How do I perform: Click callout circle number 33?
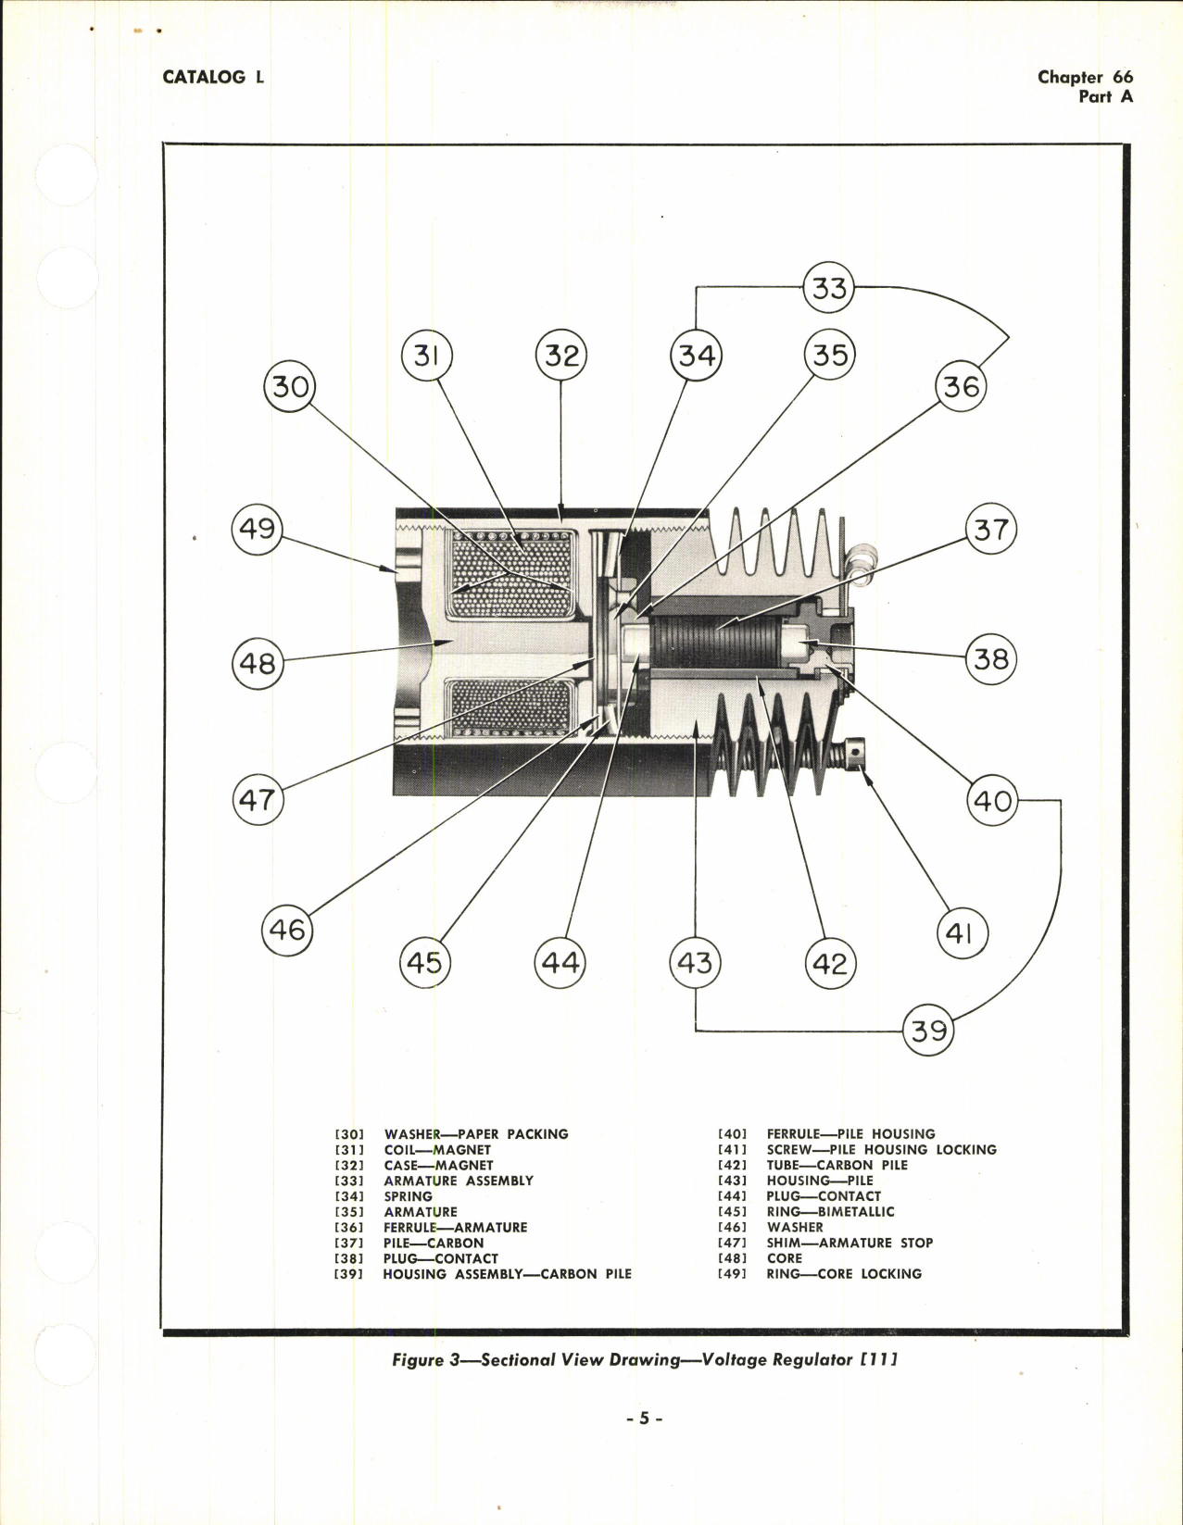pos(828,288)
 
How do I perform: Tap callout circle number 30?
pos(290,386)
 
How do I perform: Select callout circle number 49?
pos(257,529)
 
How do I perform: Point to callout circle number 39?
pos(928,1030)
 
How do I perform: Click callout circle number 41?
pos(962,932)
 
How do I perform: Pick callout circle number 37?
pos(990,530)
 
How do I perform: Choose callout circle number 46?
pos(287,929)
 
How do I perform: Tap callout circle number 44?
pos(560,963)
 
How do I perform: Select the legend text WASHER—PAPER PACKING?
pos(476,1133)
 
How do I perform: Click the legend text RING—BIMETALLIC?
pos(830,1211)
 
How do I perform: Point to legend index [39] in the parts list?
pos(349,1274)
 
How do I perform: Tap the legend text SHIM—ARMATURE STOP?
pos(849,1243)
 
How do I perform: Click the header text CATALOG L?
pos(213,78)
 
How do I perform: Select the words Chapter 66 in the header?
pos(1084,78)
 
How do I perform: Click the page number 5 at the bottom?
pos(645,1418)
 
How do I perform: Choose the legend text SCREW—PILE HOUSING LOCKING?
pos(881,1149)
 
